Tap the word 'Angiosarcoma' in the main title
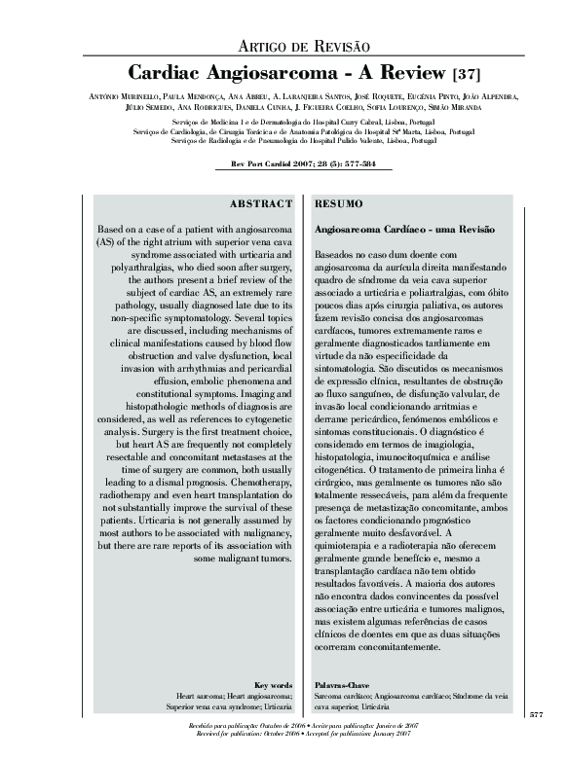tap(254, 72)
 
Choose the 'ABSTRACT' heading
tap(260, 204)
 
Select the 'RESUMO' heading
tap(336, 204)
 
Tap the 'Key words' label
tap(273, 685)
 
